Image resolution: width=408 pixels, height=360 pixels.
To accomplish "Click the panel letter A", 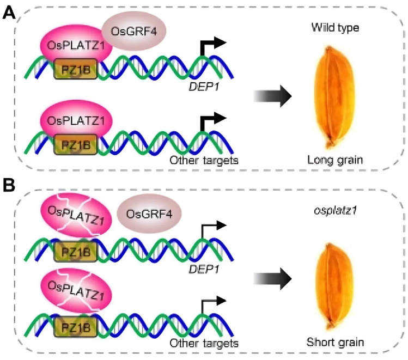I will [x=9, y=12].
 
